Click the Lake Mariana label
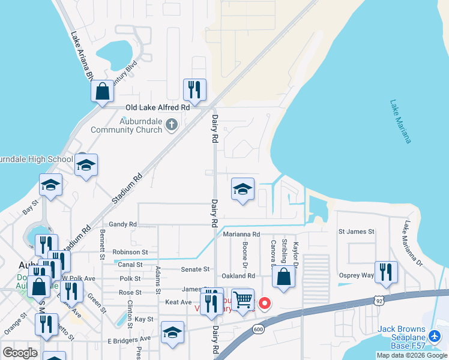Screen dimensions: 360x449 tap(400, 121)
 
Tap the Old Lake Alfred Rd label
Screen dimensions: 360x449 tap(157, 107)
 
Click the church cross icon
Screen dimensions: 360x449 tap(172, 124)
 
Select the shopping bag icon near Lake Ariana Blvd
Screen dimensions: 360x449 tap(103, 92)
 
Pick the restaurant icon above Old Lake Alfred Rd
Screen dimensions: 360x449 tap(194, 90)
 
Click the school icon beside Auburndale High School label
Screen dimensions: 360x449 tap(86, 165)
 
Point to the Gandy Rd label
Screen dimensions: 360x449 tap(123, 224)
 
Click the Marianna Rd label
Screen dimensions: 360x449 tap(242, 235)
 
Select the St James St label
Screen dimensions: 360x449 tap(356, 231)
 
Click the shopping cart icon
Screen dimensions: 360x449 tap(242, 299)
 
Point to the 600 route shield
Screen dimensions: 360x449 tap(258, 329)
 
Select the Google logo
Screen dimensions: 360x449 tap(20, 352)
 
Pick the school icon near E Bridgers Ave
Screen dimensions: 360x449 tap(172, 332)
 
